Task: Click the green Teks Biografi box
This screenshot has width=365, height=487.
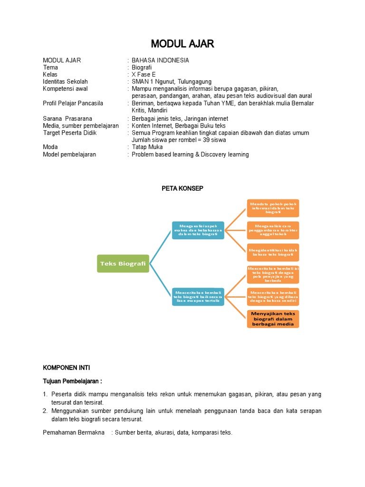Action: click(x=123, y=263)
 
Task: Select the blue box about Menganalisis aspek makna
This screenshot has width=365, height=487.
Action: click(x=198, y=230)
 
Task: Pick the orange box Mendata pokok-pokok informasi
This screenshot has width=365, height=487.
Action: click(x=273, y=208)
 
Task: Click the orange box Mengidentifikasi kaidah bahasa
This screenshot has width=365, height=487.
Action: click(x=273, y=252)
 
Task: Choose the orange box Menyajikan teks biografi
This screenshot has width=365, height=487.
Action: click(x=273, y=319)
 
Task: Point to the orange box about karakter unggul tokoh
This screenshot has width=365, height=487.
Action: click(x=273, y=230)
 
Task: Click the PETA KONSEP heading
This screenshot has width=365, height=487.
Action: click(x=182, y=188)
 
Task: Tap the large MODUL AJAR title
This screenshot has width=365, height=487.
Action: click(x=182, y=44)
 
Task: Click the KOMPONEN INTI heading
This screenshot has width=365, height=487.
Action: click(x=66, y=368)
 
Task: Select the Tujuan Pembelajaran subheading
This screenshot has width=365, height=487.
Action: click(x=72, y=381)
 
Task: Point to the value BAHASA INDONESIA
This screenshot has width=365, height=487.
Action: click(x=160, y=60)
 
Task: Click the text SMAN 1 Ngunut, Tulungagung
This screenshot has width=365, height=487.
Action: click(x=172, y=82)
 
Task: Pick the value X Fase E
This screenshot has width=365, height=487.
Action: click(x=144, y=75)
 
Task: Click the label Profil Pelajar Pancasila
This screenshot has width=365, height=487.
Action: click(x=73, y=103)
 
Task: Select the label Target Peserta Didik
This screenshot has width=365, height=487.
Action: click(x=69, y=133)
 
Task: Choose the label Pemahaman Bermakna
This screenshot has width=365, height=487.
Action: click(x=74, y=433)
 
